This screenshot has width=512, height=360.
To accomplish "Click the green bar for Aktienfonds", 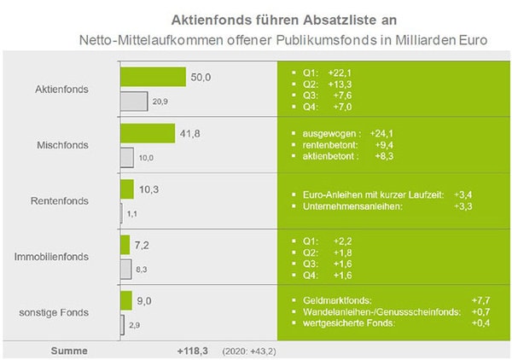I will click(153, 77).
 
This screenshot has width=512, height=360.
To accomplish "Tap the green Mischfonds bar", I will click(148, 133).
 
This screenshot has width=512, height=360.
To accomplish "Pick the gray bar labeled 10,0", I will click(127, 158).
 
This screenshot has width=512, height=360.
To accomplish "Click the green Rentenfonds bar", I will click(127, 189).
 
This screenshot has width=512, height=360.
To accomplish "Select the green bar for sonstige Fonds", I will click(126, 301).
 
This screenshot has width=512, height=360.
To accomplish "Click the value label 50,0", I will click(201, 77).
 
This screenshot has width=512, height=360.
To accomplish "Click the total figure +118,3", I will click(193, 351).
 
